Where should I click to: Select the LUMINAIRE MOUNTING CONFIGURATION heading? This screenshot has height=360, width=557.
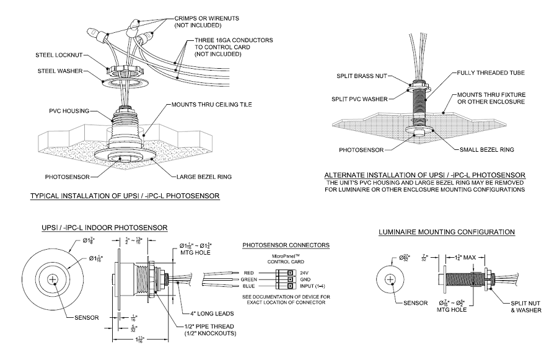[446, 232]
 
